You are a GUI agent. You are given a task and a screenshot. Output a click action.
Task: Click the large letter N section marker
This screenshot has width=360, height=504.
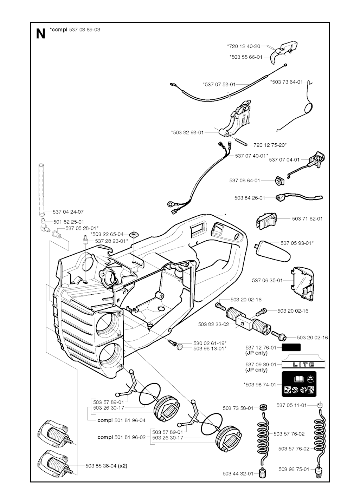41,34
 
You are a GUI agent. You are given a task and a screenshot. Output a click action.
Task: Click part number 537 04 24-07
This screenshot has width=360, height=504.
68,212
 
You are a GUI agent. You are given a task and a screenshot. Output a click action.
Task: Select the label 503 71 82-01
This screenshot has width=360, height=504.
307,218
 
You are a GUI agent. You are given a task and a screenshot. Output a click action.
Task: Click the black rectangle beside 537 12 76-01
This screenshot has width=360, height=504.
291,348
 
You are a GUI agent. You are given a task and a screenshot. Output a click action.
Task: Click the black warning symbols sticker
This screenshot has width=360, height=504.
299,384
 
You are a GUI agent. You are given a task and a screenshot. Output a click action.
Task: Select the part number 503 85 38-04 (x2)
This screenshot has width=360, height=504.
106,466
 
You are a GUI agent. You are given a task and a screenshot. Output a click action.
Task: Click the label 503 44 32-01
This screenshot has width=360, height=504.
238,473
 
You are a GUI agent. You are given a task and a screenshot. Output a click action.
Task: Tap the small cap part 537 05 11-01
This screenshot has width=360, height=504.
320,405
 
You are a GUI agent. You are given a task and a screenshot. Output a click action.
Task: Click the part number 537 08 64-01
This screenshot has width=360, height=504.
244,181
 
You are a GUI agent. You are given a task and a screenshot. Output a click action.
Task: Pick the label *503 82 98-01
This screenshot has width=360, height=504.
187,132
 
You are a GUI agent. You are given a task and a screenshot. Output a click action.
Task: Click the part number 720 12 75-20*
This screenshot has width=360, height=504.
270,145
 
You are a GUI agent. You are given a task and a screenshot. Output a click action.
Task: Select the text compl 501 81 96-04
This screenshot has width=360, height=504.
121,420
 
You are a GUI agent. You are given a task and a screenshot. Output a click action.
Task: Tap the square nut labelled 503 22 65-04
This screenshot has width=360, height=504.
134,234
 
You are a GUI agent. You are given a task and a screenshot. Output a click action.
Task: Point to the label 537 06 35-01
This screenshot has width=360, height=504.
267,280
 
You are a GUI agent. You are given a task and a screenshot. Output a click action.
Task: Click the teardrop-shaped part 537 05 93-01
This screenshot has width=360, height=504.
273,250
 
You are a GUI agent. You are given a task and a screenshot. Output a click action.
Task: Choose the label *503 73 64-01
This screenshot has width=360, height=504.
286,82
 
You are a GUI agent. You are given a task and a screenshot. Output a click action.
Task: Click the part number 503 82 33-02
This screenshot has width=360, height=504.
213,324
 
